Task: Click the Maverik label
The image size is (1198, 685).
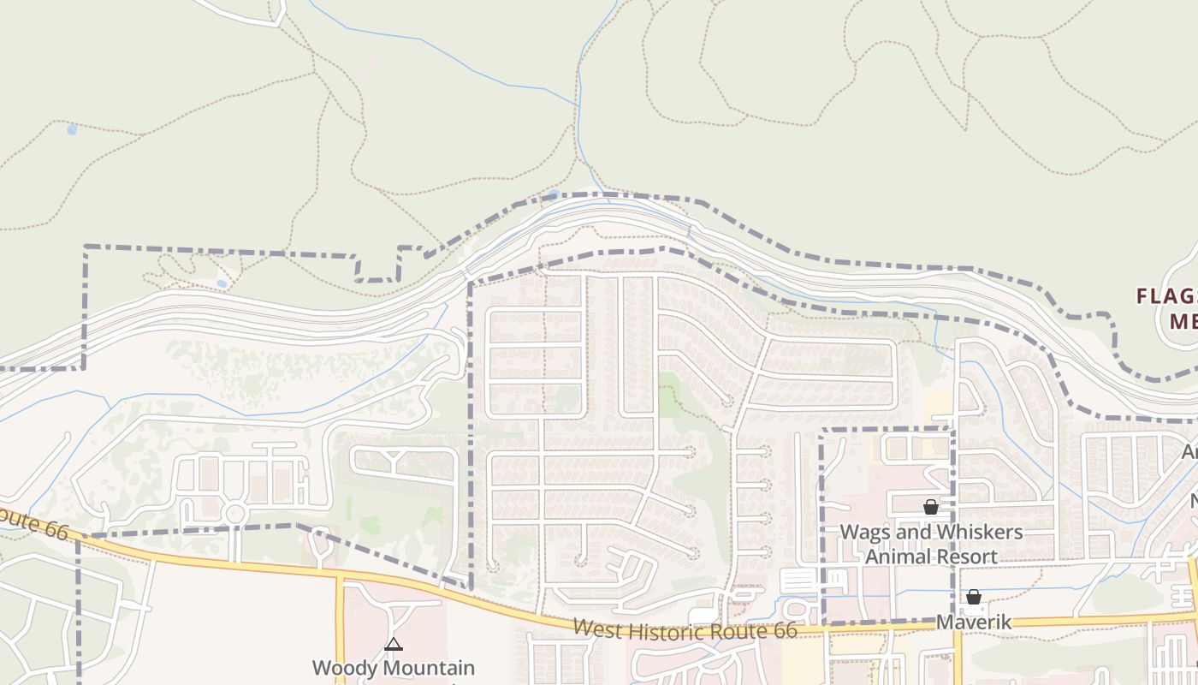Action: coord(973,622)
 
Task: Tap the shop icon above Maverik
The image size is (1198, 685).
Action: coord(973,597)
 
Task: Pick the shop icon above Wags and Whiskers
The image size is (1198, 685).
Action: coord(930,507)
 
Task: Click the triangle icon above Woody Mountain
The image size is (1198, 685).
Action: coord(393,644)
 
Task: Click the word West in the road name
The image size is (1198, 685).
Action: coord(596,628)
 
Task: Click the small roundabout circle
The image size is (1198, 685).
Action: coord(234,514)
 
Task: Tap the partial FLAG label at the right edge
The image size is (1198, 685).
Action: coord(1165,296)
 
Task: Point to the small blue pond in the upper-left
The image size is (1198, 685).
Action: coord(72,129)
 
